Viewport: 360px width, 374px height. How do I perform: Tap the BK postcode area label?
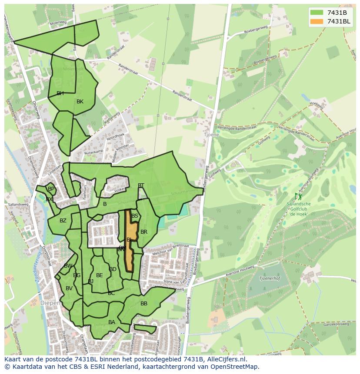pyautogui.click(x=80, y=102)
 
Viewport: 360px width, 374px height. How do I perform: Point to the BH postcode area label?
pyautogui.click(x=60, y=93)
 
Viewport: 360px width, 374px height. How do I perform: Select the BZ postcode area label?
pyautogui.click(x=63, y=221)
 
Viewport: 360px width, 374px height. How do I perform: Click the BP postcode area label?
pyautogui.click(x=51, y=189)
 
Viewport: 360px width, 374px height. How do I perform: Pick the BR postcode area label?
pyautogui.click(x=144, y=232)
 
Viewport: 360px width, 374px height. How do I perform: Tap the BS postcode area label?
pyautogui.click(x=135, y=216)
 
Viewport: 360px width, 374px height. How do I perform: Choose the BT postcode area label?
pyautogui.click(x=141, y=185)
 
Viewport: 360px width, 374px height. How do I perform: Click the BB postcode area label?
pyautogui.click(x=144, y=304)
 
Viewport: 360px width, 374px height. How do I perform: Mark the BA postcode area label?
pyautogui.click(x=112, y=322)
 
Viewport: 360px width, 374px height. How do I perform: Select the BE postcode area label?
pyautogui.click(x=100, y=275)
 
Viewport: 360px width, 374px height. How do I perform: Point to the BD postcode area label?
pyautogui.click(x=113, y=269)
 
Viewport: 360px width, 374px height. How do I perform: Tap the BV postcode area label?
pyautogui.click(x=69, y=288)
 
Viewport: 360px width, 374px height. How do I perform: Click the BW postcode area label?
pyautogui.click(x=68, y=266)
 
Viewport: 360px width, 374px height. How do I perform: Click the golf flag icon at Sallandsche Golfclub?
pyautogui.click(x=298, y=197)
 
